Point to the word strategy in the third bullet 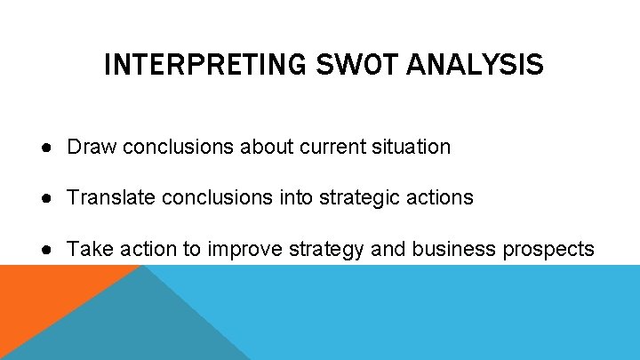pyautogui.click(x=326, y=250)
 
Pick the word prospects pyautogui.click(x=548, y=250)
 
